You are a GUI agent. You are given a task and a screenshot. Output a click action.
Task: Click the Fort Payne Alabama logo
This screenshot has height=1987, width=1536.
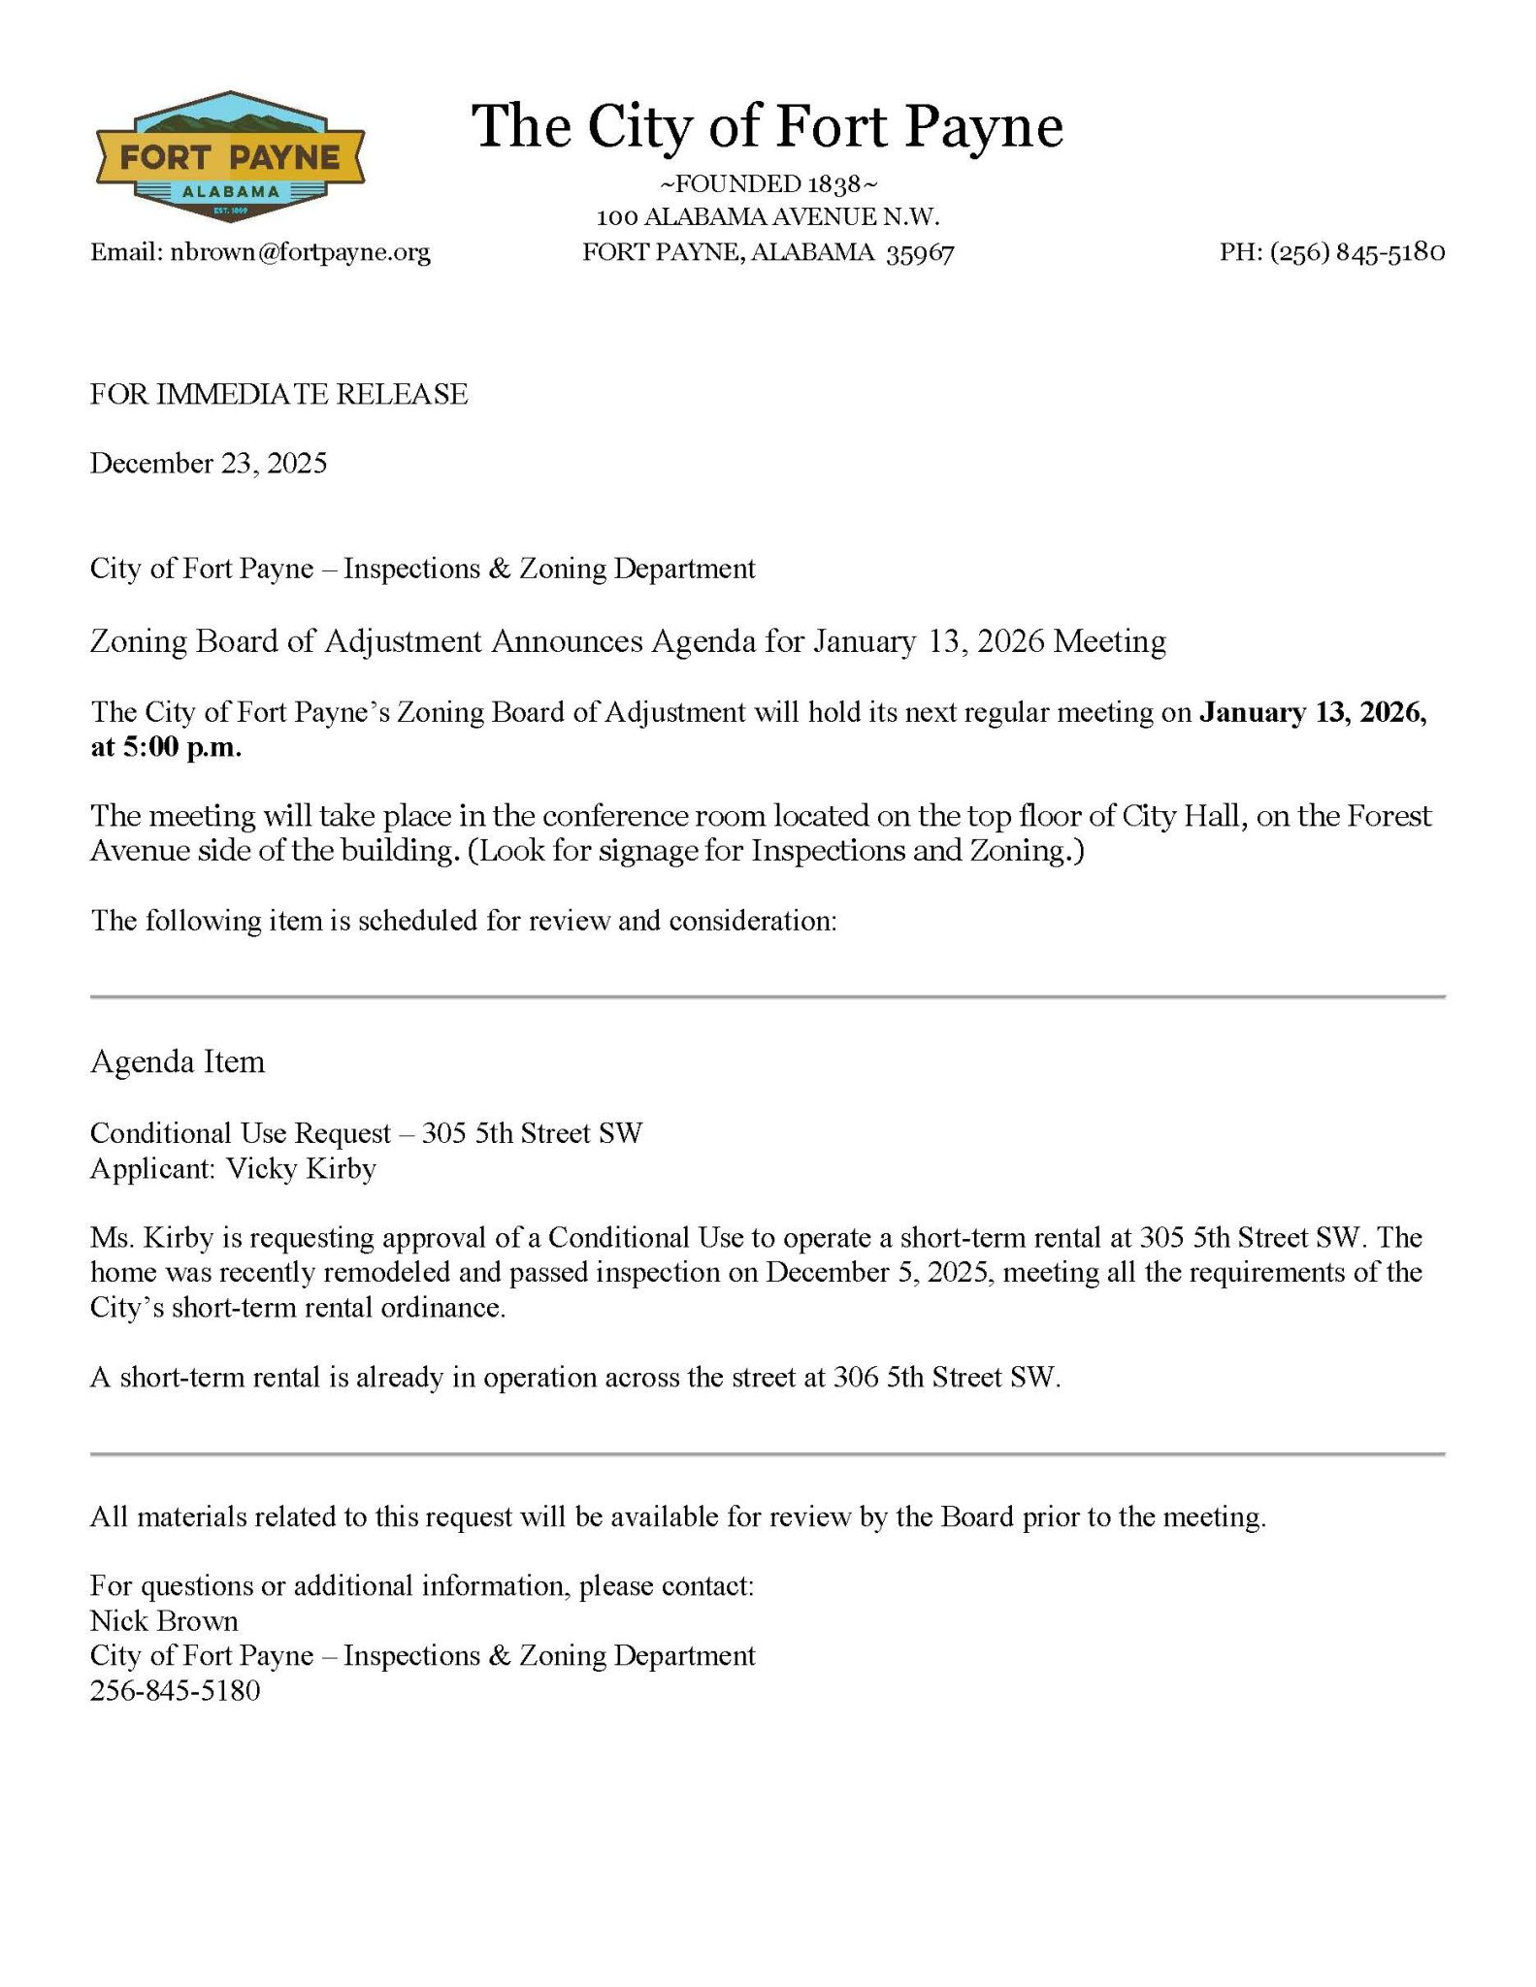point(230,158)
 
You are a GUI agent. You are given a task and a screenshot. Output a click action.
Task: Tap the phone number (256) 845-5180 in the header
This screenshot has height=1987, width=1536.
point(1357,253)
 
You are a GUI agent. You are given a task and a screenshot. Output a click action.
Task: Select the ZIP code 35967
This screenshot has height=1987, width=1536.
point(921,254)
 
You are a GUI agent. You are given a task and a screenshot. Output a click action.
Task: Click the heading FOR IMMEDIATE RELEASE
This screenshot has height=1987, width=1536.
point(278,394)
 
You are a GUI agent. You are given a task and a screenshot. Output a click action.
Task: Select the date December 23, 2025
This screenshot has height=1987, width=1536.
point(209,464)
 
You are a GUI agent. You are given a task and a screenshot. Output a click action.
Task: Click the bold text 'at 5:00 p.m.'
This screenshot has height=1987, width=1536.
point(166,749)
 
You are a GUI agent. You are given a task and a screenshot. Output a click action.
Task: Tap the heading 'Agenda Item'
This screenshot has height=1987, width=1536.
point(178,1062)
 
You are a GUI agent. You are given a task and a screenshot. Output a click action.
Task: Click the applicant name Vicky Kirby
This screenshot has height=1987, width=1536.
point(301,1169)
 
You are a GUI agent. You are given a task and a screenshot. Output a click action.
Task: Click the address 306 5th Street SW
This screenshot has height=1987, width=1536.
point(944,1379)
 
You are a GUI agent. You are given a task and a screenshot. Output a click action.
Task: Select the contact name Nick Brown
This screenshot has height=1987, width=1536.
point(164,1621)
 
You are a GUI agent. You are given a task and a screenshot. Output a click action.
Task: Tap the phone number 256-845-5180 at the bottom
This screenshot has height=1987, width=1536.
point(176,1691)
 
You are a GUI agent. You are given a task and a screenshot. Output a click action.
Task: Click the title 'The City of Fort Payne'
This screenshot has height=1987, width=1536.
point(768,126)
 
